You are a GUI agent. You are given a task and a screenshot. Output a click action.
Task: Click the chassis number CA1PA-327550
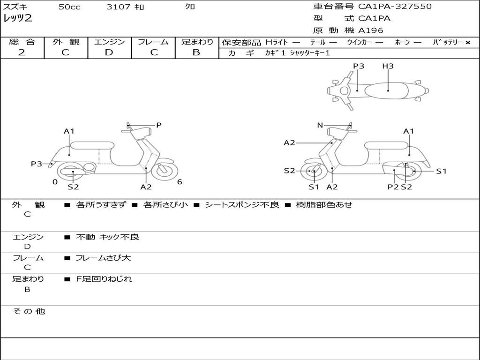395,7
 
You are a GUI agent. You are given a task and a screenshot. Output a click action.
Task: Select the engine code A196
370,30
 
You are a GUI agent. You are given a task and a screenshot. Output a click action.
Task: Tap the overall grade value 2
22,52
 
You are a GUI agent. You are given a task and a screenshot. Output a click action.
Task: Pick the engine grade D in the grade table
109,52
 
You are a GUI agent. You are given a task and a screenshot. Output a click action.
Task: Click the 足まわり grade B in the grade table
196,52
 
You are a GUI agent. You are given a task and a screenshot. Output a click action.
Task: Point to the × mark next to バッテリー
468,43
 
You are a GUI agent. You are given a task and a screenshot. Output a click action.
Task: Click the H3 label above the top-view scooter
388,66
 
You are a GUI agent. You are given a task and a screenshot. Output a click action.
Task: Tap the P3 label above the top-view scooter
359,66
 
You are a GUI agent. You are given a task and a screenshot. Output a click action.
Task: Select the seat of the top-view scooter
386,91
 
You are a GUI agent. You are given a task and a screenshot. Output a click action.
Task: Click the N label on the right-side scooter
320,125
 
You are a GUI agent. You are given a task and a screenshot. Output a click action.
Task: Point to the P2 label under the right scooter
393,187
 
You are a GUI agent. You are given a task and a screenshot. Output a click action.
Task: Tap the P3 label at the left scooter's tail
37,164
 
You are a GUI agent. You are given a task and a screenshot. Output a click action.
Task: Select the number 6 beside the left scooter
180,182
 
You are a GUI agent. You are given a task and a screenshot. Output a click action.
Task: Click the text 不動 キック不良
107,237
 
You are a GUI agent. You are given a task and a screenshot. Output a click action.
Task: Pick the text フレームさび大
103,258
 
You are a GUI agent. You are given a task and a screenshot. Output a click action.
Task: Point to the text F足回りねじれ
104,279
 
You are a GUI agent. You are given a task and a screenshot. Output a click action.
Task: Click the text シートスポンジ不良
242,204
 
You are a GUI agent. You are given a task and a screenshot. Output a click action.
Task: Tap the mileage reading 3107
119,7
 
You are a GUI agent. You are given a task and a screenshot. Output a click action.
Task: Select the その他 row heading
29,311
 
